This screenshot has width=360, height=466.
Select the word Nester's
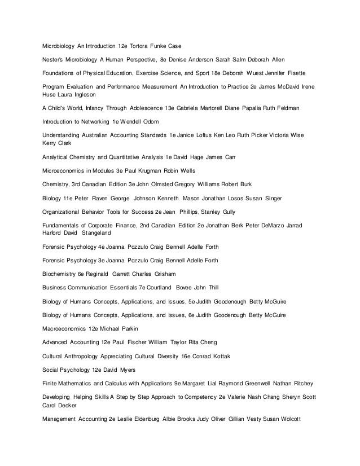pyautogui.click(x=55, y=59)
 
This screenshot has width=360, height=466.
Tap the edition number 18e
pyautogui.click(x=230, y=73)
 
